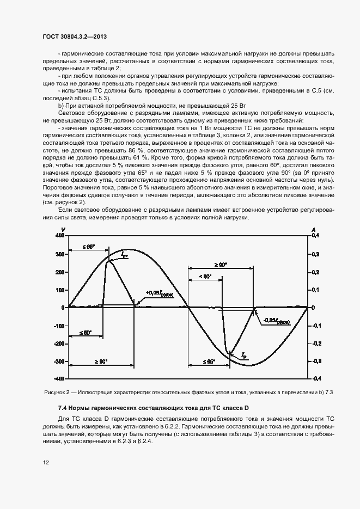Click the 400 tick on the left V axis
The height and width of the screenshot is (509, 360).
pos(59,235)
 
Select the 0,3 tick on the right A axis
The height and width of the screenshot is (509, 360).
pos(315,254)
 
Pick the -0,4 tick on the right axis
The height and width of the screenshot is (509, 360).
pos(316,378)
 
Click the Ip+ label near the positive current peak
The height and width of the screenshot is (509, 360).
pos(125,254)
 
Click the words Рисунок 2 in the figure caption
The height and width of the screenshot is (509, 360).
pos(56,392)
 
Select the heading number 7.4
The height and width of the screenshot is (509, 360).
pos(63,408)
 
